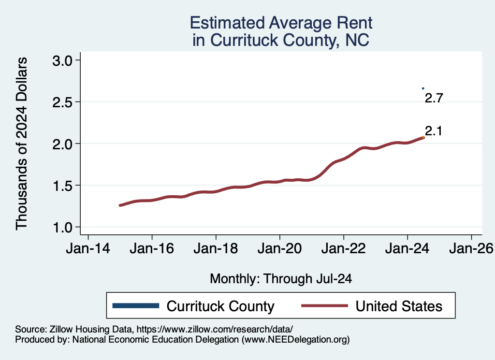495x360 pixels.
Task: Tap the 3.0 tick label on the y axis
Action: (x=61, y=60)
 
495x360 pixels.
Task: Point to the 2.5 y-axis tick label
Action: (x=61, y=102)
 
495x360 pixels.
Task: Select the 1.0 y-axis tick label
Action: (x=61, y=227)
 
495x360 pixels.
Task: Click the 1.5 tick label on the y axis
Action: (x=61, y=186)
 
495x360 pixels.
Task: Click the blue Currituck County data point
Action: (x=423, y=88)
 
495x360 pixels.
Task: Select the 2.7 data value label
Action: (x=434, y=99)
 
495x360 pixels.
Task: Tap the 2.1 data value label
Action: (x=434, y=131)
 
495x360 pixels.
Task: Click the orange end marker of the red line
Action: (x=423, y=137)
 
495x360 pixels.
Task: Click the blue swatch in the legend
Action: (x=135, y=305)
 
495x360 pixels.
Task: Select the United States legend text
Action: (x=399, y=306)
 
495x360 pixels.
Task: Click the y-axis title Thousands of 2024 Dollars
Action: (x=22, y=144)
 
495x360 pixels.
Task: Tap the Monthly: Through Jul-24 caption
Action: (x=281, y=279)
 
